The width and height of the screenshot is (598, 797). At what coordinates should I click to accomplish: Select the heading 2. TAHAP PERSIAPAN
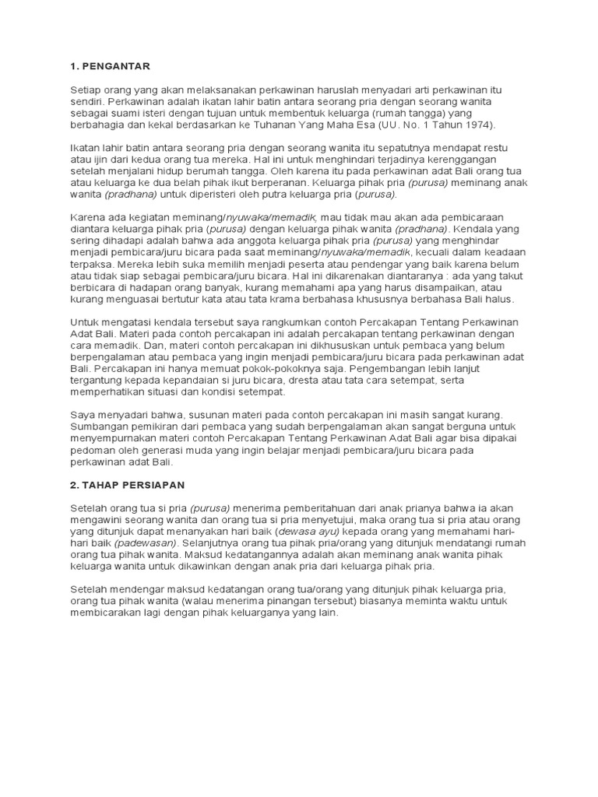[x=127, y=484]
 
